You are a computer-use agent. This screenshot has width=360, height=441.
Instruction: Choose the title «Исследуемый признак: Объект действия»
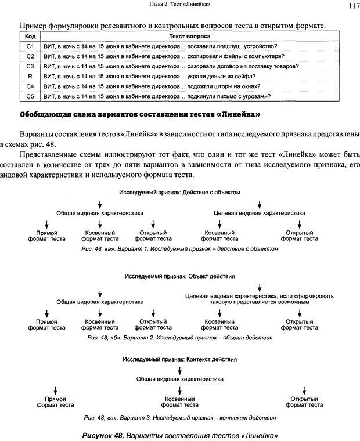click(x=179, y=276)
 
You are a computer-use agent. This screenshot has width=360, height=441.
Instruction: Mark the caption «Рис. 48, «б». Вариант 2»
click(x=179, y=337)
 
